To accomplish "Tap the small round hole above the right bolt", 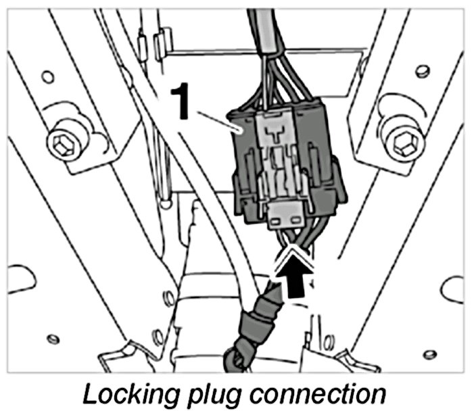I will tap(422, 70).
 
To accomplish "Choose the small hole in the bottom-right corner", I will tap(427, 354).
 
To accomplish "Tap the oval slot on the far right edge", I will tap(452, 289).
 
